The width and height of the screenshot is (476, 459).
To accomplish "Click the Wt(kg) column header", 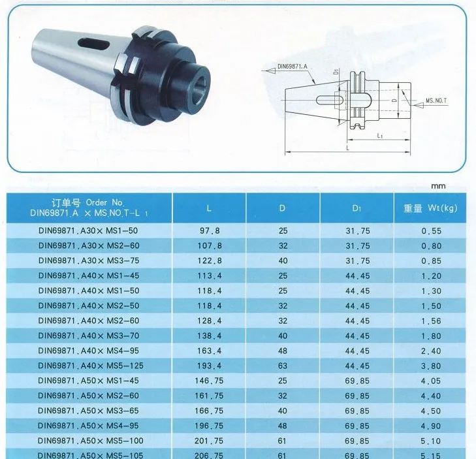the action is coord(430,208).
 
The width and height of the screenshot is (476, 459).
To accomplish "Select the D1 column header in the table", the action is coord(357,208).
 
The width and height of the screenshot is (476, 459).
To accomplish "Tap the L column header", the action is coord(209,208).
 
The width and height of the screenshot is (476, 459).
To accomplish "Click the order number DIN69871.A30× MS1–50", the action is coord(88,230).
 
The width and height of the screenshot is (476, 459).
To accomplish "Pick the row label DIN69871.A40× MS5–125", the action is coord(91,366).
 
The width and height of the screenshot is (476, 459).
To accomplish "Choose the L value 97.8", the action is coord(210,231).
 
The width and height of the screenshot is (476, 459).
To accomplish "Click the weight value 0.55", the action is coord(431,231).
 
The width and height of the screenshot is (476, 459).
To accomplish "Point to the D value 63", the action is coord(283,366).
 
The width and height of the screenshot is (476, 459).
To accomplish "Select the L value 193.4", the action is coord(210,366).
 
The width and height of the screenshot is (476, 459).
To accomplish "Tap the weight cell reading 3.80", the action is coord(431,366).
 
